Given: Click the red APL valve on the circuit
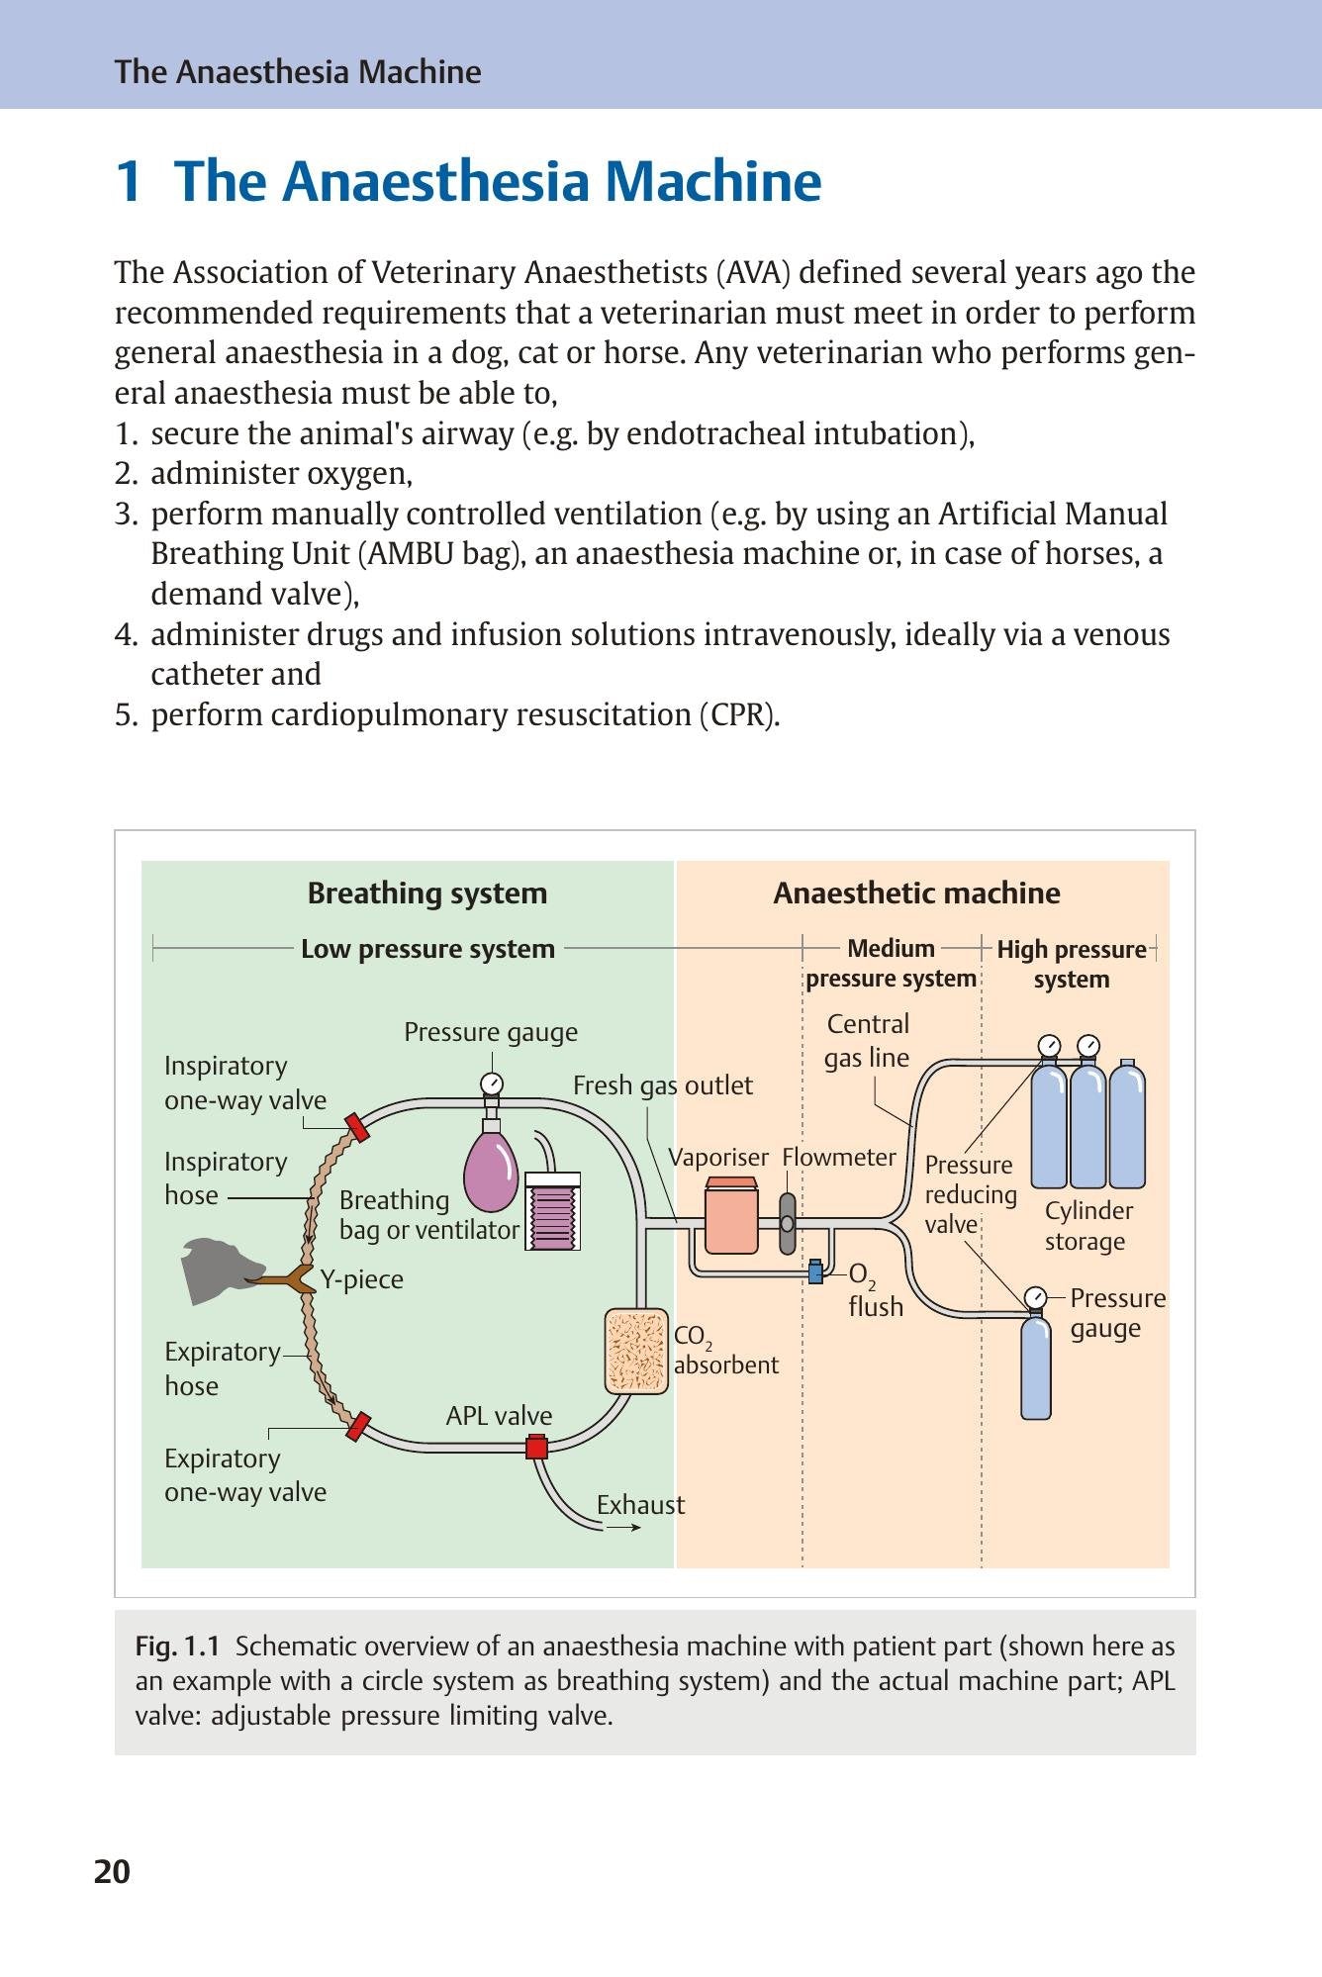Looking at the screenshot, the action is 536,1447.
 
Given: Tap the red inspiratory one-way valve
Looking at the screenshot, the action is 357,1127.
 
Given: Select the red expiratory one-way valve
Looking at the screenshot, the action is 357,1426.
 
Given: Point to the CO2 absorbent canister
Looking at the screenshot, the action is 636,1350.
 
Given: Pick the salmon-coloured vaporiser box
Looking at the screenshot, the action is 732,1216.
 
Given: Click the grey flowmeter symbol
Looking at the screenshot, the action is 788,1224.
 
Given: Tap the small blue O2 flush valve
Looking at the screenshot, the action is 815,1271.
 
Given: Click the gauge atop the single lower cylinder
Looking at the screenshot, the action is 1035,1297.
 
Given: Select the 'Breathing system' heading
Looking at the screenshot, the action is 427,893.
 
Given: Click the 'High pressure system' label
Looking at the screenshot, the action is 1072,964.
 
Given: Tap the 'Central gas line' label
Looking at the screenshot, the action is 868,1040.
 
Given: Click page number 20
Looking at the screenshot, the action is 112,1872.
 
